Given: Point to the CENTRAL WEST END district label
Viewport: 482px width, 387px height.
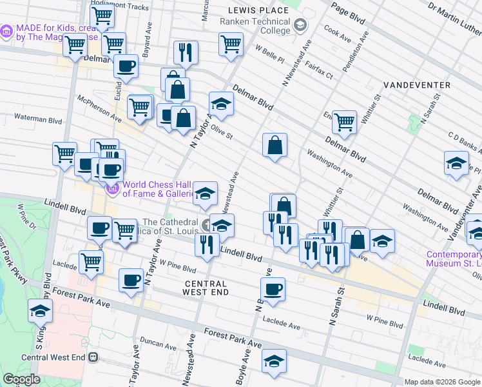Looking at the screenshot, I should coord(206,288).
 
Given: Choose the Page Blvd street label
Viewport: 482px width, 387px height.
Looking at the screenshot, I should coord(352,17).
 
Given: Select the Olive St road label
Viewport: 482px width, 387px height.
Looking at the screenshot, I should coord(220,133).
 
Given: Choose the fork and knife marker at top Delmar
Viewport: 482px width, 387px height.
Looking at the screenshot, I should coord(186,52).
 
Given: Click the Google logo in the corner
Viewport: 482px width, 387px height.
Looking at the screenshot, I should coord(22,379).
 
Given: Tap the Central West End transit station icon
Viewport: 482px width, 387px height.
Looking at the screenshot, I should coord(93,357).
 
